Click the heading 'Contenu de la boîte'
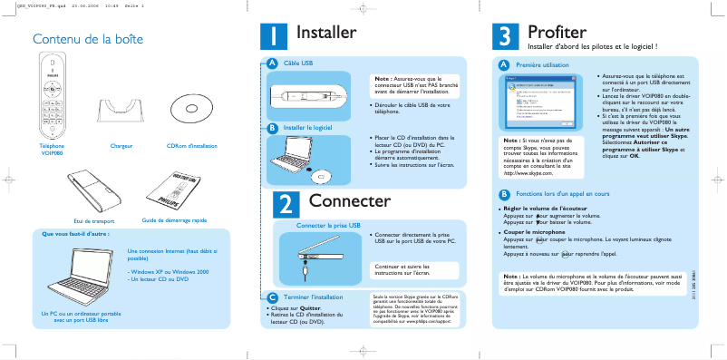point(88,40)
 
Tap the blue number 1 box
point(274,39)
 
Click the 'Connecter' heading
point(349,200)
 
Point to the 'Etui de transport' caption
point(94,220)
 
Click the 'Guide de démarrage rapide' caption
point(175,220)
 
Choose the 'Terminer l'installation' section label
point(313,297)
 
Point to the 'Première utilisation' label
point(542,65)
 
